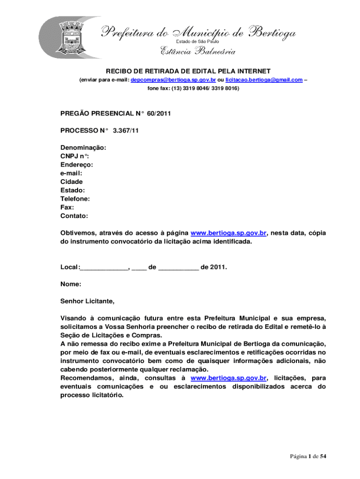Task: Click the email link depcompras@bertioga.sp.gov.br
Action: [173, 80]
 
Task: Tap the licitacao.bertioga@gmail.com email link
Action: [264, 80]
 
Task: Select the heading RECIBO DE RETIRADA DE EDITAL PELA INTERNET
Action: [188, 71]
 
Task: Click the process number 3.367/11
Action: [126, 131]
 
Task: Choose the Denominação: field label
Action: [83, 147]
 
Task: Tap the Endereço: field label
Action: [77, 165]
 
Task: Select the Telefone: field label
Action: [75, 199]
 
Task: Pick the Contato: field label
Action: [74, 216]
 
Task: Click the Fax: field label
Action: [67, 207]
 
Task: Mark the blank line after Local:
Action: [104, 268]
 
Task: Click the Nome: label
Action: [71, 284]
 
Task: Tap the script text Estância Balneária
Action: [198, 52]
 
